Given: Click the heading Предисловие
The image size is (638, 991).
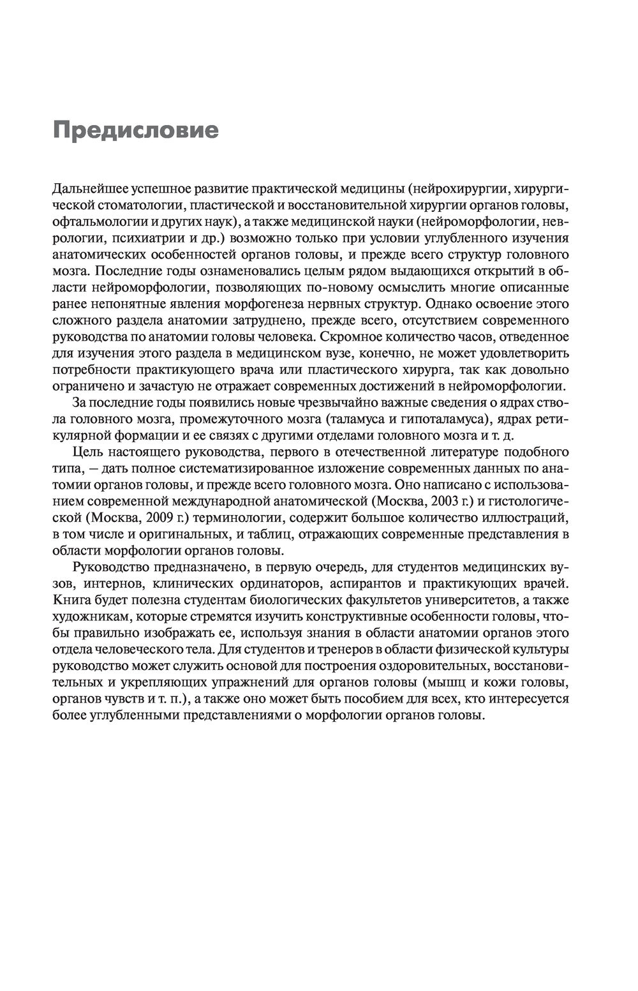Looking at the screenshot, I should click(135, 130).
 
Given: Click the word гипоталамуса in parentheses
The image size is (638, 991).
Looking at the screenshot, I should click(470, 419).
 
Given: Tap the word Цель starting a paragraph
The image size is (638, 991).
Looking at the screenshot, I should click(87, 452).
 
